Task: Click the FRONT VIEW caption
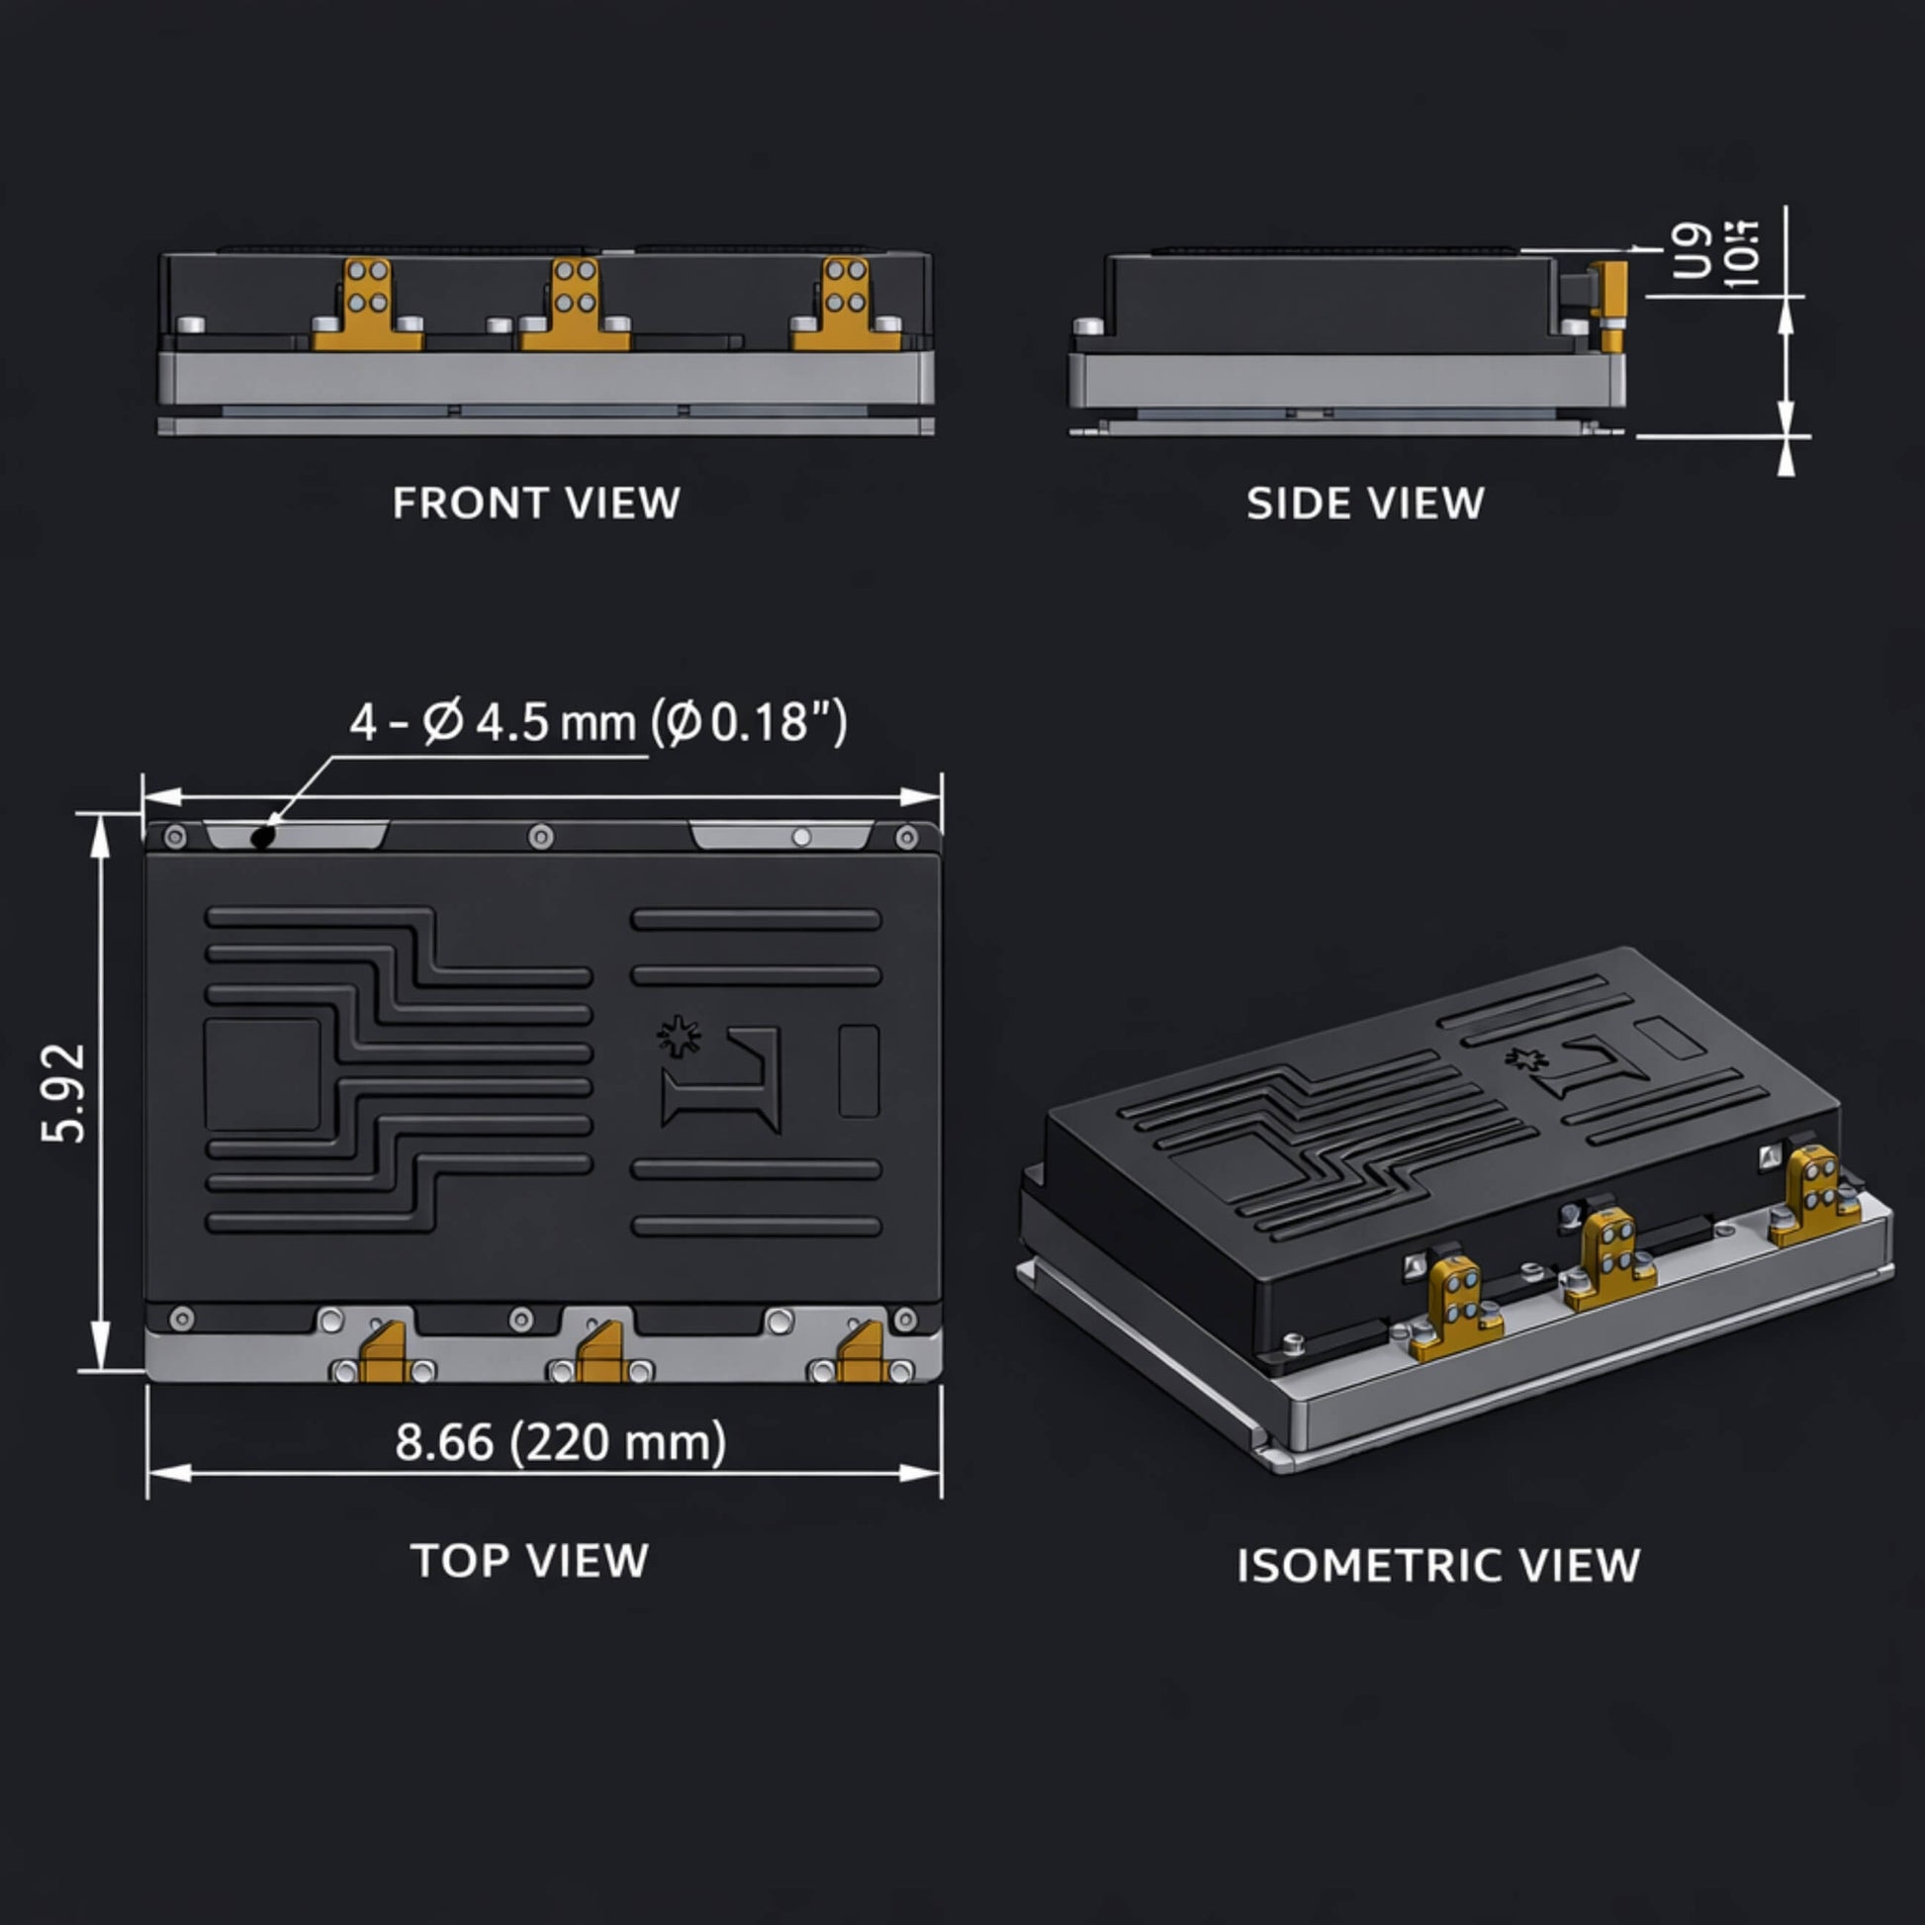(x=536, y=504)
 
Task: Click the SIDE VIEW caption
(x=1365, y=504)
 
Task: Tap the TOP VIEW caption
(x=529, y=1560)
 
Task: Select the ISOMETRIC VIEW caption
(x=1437, y=1565)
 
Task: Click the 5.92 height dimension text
(x=65, y=1092)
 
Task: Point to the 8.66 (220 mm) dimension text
(x=561, y=1441)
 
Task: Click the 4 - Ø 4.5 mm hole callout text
(x=597, y=722)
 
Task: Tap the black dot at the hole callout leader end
(x=262, y=837)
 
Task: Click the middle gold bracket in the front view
(x=575, y=305)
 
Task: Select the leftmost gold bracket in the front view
(x=367, y=305)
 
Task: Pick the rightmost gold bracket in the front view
(x=846, y=305)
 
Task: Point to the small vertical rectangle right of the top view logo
(x=859, y=1071)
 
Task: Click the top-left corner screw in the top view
(x=174, y=836)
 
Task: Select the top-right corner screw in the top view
(x=906, y=836)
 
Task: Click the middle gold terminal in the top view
(x=601, y=1353)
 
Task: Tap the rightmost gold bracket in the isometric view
(x=1812, y=1196)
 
